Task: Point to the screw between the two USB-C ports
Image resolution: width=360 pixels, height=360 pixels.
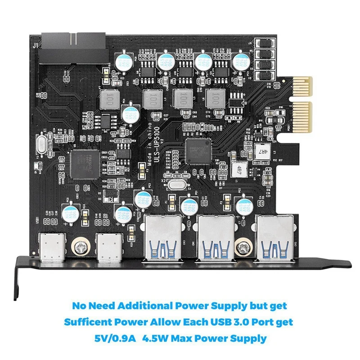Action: pyautogui.click(x=81, y=247)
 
